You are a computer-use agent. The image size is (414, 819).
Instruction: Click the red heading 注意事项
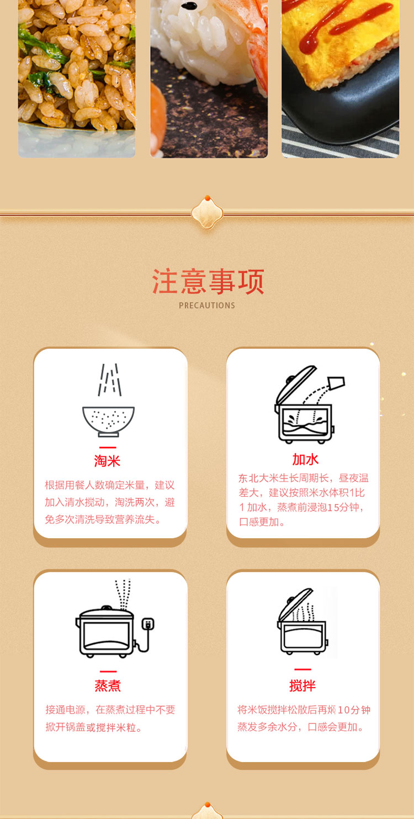tap(208, 282)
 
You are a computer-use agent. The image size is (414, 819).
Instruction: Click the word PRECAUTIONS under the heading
tap(207, 306)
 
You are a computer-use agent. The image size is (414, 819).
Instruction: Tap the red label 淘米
tap(107, 461)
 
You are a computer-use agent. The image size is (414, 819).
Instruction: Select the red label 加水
tap(305, 459)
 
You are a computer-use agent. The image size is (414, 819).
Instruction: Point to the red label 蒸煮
tap(108, 686)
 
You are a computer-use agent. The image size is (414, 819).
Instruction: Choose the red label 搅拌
tap(302, 686)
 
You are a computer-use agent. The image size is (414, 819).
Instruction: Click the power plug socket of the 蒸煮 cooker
tap(147, 624)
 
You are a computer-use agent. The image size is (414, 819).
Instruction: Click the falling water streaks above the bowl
tap(109, 380)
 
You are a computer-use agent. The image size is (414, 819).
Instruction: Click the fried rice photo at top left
tap(77, 77)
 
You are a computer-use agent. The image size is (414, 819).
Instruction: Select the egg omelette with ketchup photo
tap(340, 77)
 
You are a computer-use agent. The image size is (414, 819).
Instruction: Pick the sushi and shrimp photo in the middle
tap(209, 77)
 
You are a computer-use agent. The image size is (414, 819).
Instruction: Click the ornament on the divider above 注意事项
tap(207, 212)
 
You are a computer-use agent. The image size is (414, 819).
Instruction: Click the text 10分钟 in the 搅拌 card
tap(353, 710)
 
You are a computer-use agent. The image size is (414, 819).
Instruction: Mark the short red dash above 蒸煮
tap(108, 672)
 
